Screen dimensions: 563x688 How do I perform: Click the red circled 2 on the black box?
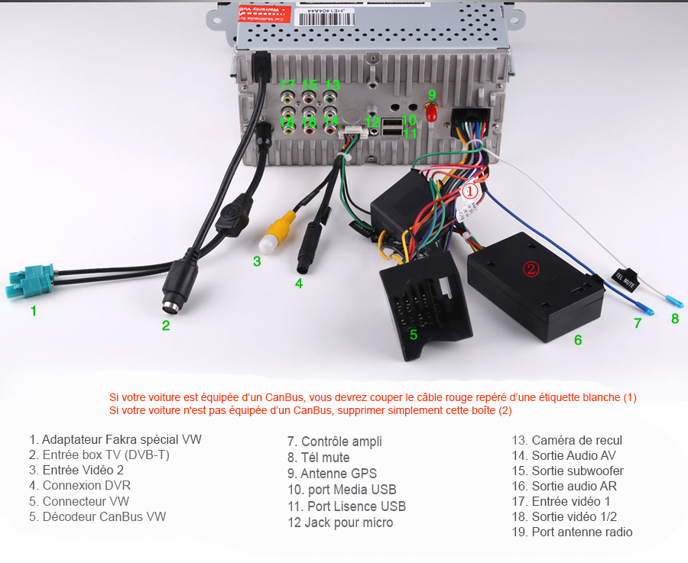[531, 268]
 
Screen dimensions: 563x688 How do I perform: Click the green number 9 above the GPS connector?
[432, 95]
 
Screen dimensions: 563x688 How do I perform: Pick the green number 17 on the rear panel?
[287, 85]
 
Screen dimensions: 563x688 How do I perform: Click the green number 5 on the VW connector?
[414, 334]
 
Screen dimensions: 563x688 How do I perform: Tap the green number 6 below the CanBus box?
[578, 340]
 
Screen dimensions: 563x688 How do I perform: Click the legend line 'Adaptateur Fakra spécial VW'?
[115, 440]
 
